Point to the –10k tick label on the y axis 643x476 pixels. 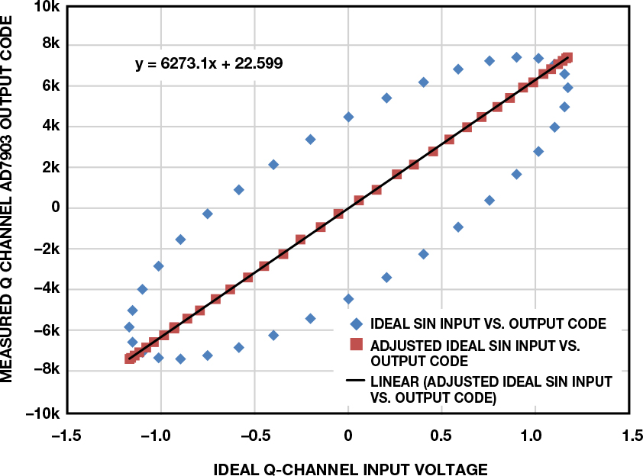click(43, 413)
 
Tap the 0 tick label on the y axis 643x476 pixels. click(53, 207)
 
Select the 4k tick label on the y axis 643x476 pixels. click(50, 126)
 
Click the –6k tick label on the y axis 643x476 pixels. click(45, 330)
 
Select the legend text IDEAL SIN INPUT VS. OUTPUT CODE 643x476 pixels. click(487, 324)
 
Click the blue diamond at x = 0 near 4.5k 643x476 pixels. click(348, 117)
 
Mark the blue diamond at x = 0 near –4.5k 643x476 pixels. click(348, 299)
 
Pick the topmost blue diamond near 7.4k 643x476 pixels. click(516, 57)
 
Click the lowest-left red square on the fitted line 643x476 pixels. click(130, 359)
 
